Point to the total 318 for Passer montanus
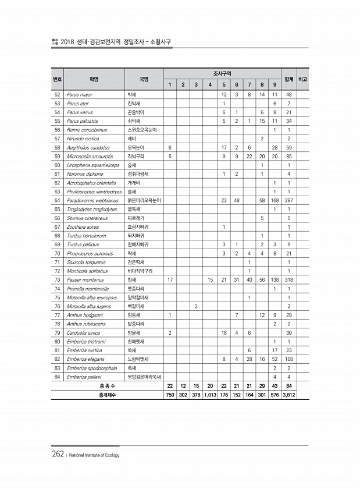pyautogui.click(x=288, y=280)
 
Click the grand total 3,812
pyautogui.click(x=288, y=395)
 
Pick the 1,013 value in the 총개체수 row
pyautogui.click(x=210, y=395)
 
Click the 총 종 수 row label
pyautogui.click(x=108, y=386)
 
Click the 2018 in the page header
pyautogui.click(x=70, y=42)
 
